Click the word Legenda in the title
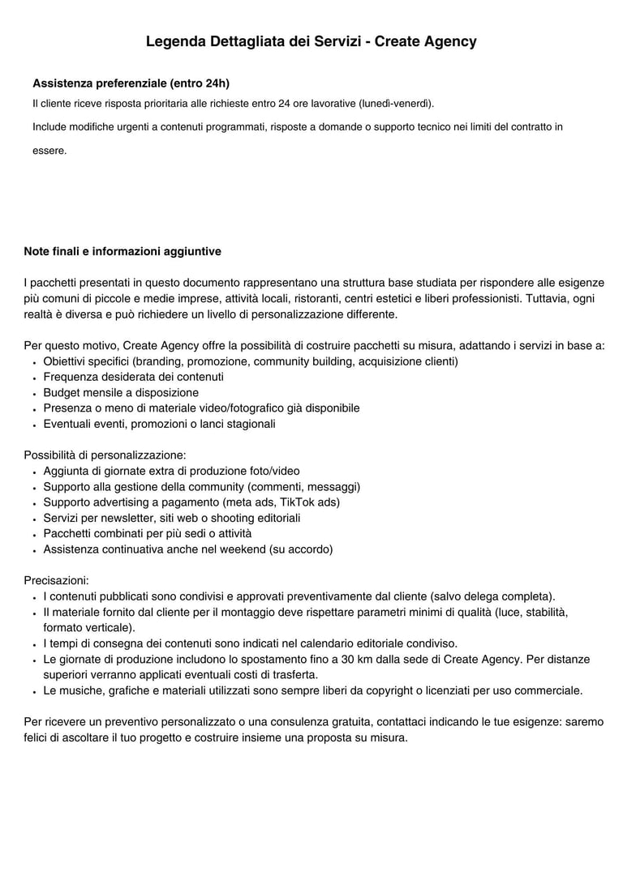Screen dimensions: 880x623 coord(176,41)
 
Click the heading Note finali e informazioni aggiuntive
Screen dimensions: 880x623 coord(122,252)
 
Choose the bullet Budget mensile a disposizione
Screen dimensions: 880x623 coord(121,393)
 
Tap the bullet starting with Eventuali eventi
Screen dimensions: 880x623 coord(159,424)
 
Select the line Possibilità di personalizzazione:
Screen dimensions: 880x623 coord(105,455)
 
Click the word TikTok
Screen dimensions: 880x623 coord(298,502)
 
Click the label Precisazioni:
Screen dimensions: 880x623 coord(57,581)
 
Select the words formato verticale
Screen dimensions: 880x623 coord(88,627)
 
